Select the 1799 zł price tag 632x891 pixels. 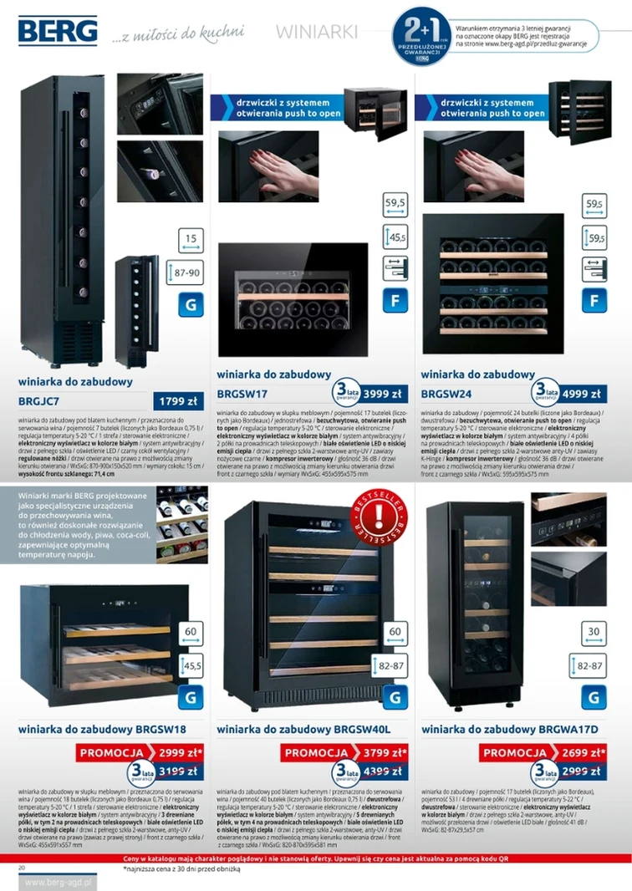[176, 401]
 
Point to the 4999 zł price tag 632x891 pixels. [581, 393]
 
